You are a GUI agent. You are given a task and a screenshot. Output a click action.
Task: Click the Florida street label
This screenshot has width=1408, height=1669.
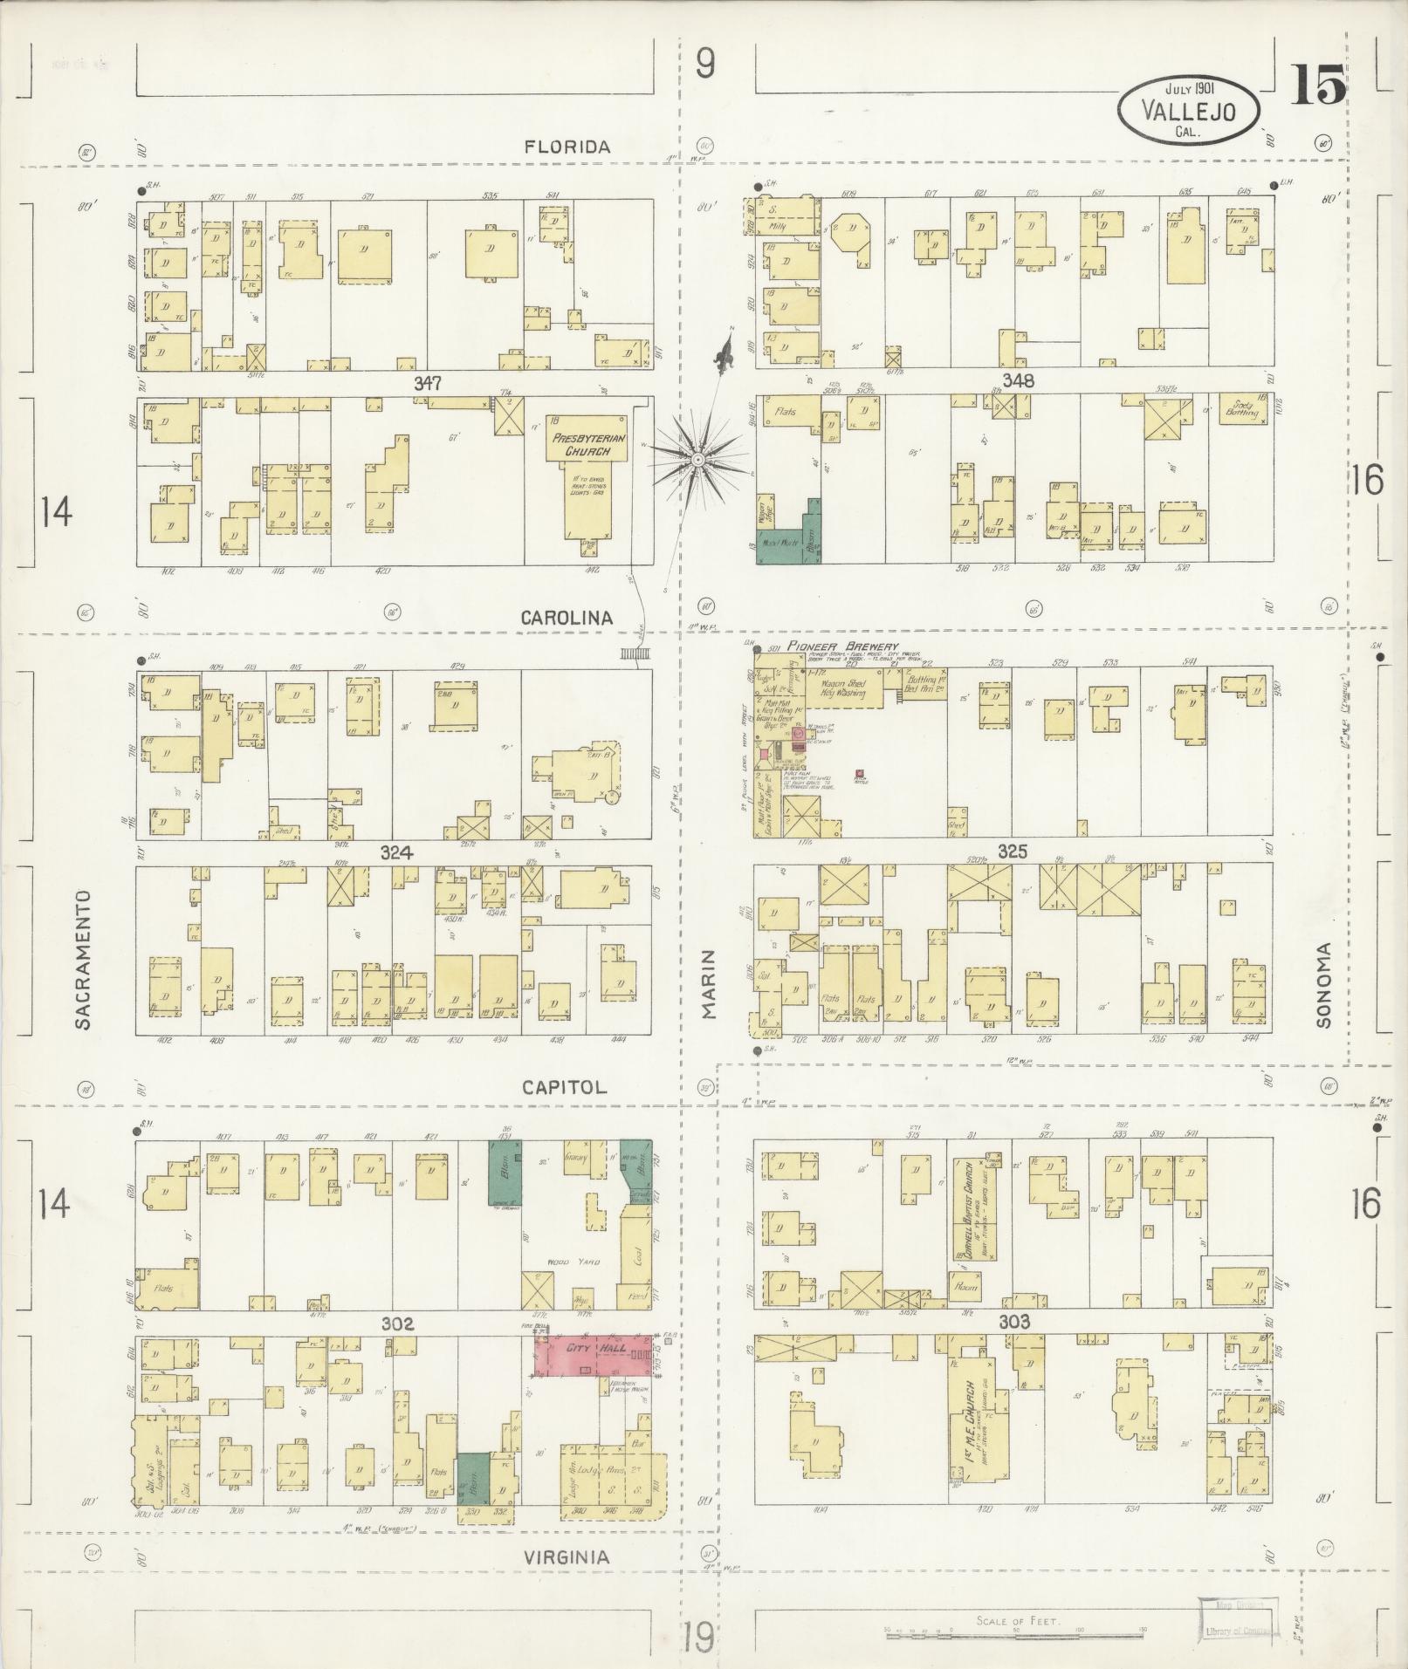567,147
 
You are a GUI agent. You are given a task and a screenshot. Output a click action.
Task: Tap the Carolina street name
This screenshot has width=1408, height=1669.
567,617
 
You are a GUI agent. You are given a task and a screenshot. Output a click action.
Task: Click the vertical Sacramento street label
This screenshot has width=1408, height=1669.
83,960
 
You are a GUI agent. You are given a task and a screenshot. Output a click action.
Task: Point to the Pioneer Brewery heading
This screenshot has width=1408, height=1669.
841,646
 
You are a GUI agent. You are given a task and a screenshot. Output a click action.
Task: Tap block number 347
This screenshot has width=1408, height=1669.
429,383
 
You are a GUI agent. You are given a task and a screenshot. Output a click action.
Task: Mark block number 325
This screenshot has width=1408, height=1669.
1013,852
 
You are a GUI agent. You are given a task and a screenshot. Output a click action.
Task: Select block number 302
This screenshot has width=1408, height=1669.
396,1324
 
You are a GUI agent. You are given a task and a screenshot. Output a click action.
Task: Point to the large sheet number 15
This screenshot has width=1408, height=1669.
1318,86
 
